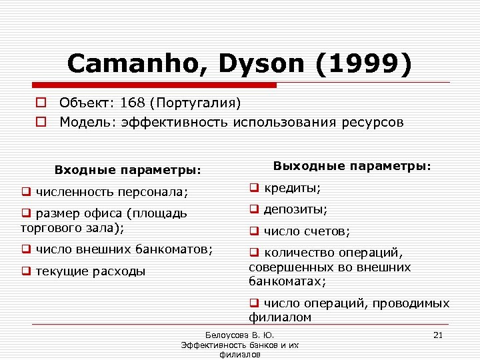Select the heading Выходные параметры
(x=353, y=165)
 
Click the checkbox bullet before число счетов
(x=254, y=232)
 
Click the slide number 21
(x=438, y=335)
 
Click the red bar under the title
(x=155, y=85)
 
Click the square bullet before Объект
(x=41, y=103)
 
